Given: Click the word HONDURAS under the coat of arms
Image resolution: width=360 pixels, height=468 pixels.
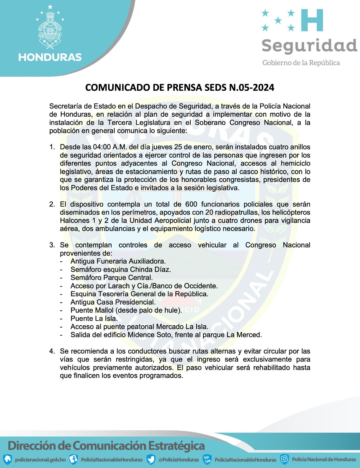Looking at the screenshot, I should [50, 57].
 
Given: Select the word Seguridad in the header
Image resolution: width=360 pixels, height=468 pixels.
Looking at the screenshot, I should [309, 45].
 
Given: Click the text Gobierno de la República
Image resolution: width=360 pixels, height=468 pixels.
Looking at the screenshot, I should [301, 63].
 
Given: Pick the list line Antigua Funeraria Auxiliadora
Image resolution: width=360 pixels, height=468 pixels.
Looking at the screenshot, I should [118, 261].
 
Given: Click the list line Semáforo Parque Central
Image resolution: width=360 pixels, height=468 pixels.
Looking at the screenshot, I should [112, 278].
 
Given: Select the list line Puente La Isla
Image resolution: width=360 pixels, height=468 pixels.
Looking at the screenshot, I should [94, 319].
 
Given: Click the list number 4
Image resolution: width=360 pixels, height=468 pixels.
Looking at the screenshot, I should [51, 351].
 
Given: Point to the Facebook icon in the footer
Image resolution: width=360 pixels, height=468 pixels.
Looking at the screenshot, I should [73, 459].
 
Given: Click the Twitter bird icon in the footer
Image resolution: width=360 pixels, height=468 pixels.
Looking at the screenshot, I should [151, 459].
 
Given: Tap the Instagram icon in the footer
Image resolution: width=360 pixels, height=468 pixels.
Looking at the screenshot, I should [284, 459].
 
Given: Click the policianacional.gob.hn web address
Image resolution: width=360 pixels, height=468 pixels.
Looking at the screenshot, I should [40, 460].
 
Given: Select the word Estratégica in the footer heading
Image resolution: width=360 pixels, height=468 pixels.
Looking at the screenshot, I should [176, 446].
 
